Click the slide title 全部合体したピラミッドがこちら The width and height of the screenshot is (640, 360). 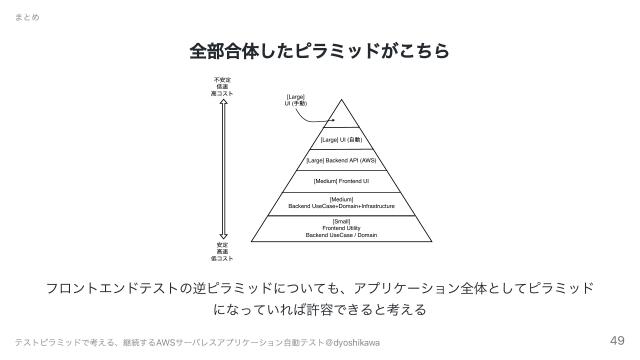pyautogui.click(x=319, y=49)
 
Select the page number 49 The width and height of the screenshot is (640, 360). pyautogui.click(x=617, y=339)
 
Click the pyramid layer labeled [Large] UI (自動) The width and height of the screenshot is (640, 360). pyautogui.click(x=341, y=140)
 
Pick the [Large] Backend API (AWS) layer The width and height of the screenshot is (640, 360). pyautogui.click(x=341, y=160)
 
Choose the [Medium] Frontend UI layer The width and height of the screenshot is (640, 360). pyautogui.click(x=341, y=181)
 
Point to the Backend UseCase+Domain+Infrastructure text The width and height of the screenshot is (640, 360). pyautogui.click(x=341, y=206)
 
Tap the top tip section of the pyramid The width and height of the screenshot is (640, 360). pyautogui.click(x=341, y=116)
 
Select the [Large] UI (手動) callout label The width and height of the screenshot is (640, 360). pyautogui.click(x=296, y=100)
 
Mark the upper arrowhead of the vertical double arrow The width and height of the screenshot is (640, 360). pyautogui.click(x=222, y=101)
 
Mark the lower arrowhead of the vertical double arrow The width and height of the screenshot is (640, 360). pyautogui.click(x=222, y=235)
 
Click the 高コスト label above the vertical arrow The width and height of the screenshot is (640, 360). pyautogui.click(x=222, y=92)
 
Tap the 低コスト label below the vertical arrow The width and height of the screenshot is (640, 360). pyautogui.click(x=222, y=258)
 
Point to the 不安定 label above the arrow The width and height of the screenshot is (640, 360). pyautogui.click(x=222, y=78)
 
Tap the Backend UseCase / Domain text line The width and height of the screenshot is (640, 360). pyautogui.click(x=341, y=235)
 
